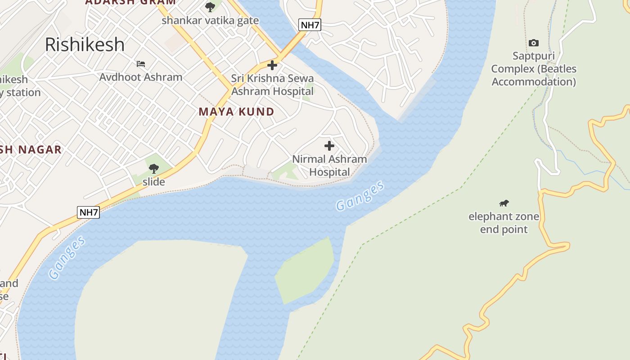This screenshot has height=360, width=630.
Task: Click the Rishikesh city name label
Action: [85, 45]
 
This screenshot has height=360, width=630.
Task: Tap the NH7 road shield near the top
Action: [310, 25]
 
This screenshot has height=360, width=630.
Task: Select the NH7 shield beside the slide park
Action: [88, 212]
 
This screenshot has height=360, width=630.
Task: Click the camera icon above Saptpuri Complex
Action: [533, 43]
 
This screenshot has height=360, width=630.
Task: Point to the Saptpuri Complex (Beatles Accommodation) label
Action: [534, 69]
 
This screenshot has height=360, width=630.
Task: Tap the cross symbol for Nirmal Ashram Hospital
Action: [329, 146]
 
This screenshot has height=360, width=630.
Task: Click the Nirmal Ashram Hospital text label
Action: [329, 166]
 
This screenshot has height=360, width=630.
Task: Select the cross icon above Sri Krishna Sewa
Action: [272, 66]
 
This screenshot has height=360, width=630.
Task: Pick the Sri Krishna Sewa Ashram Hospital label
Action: [272, 85]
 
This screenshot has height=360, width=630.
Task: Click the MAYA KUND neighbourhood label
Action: [236, 112]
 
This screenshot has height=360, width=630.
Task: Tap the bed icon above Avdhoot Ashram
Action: [141, 64]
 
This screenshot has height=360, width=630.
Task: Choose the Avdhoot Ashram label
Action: [141, 77]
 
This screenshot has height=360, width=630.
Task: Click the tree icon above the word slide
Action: [154, 169]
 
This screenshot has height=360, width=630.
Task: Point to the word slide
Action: [154, 182]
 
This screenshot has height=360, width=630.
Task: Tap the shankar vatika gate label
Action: [210, 20]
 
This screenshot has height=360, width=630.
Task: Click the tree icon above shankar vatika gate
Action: [210, 7]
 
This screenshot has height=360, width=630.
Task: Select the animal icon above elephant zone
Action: [504, 203]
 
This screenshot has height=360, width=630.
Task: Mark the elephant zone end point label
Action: [504, 223]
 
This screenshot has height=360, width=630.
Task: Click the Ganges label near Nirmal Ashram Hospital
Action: [360, 196]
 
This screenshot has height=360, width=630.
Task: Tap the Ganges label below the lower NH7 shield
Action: [67, 257]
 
